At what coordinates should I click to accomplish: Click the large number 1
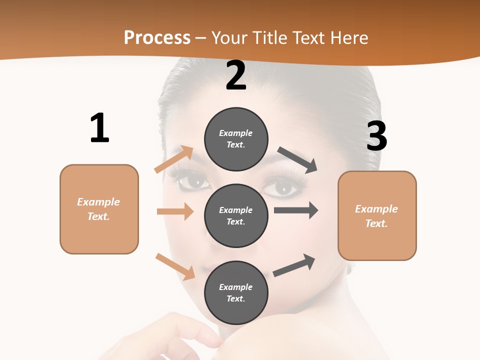click(x=99, y=128)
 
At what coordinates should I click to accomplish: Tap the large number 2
click(x=236, y=75)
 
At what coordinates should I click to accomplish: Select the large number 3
click(x=376, y=136)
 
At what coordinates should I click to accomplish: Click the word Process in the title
click(x=157, y=37)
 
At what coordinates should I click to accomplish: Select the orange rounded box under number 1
click(x=99, y=209)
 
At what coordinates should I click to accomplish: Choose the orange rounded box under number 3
click(x=377, y=215)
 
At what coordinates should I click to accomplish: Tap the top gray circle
click(x=236, y=139)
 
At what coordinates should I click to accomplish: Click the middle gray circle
click(x=236, y=215)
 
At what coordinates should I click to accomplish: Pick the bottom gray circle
click(x=236, y=292)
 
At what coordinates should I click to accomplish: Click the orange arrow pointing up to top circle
click(x=174, y=159)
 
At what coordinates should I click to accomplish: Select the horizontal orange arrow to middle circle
click(x=175, y=211)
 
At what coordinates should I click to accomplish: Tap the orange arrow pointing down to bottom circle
click(x=175, y=266)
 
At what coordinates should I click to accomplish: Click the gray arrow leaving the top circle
click(x=298, y=160)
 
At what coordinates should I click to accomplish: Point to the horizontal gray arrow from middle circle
click(x=296, y=210)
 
